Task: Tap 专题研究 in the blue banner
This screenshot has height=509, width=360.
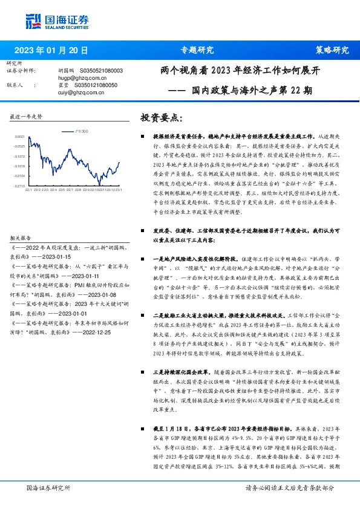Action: (x=197, y=50)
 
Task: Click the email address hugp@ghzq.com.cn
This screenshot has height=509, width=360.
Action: (x=74, y=78)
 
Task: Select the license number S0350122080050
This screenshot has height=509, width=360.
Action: (x=94, y=85)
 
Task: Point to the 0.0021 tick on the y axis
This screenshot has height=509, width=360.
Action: (x=20, y=137)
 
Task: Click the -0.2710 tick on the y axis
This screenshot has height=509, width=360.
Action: (x=19, y=185)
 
